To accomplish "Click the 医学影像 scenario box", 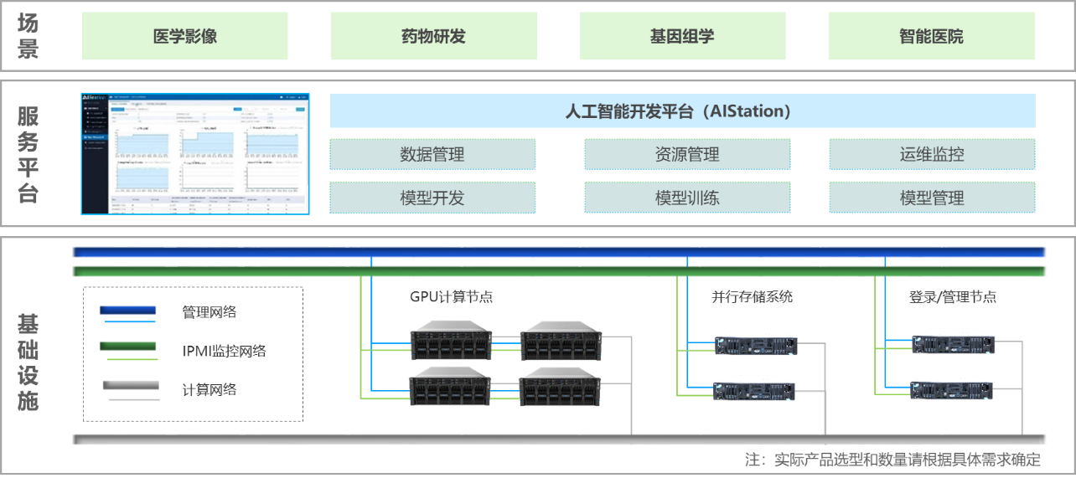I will pos(185,36).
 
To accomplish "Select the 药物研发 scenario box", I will pos(433,36).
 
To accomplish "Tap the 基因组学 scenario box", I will pos(682,36).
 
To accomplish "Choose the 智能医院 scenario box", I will pos(931,36).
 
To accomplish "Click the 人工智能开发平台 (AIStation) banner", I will pos(682,111).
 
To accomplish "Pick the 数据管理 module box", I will pos(432,155).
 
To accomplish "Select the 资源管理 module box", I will pos(686,155).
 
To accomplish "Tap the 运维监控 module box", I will pos(932,155).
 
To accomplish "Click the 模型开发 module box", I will pos(432,198).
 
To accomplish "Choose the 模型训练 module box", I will pos(686,198).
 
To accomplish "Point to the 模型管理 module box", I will pos(932,198).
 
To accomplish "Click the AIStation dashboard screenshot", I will pos(195,154).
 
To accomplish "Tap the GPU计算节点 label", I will pos(451,296).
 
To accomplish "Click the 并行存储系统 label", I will pos(752,296).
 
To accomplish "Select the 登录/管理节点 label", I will pos(953,296).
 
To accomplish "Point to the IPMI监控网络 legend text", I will pos(224,351).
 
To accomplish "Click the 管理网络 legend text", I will pos(210,312).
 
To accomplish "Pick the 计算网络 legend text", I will pos(210,389).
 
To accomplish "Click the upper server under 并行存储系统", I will pos(753,344).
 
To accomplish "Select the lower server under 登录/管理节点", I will pos(953,390).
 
